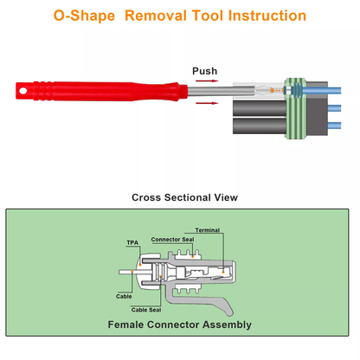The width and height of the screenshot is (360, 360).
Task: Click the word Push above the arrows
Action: click(204, 71)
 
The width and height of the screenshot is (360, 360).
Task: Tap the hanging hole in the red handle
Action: click(22, 91)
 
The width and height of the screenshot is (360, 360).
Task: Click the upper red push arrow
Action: click(207, 80)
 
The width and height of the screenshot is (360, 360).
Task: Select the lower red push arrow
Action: click(207, 103)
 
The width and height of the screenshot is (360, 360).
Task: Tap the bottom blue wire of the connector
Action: click(334, 125)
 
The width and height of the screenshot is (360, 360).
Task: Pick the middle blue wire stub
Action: click(334, 108)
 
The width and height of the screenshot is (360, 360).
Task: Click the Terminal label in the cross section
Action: click(208, 230)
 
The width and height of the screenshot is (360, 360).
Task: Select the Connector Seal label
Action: click(172, 240)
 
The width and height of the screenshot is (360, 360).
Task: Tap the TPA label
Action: click(132, 242)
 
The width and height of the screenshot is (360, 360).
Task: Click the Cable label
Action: click(124, 296)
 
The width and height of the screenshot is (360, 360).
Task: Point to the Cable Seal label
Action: click(146, 310)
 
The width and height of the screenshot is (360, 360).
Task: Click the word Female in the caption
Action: click(125, 325)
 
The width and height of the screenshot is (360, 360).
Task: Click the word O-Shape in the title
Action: click(84, 16)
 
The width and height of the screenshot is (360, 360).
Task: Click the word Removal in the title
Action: click(156, 16)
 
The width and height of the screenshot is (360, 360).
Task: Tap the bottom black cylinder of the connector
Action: click(260, 125)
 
